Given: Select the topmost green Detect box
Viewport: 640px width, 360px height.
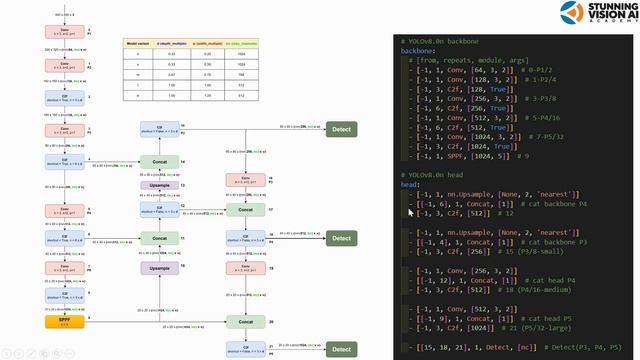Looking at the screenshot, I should pos(341,131).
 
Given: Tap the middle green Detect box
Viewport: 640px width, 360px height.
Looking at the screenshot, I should pos(341,239).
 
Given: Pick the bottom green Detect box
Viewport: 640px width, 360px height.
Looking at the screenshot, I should pos(341,349).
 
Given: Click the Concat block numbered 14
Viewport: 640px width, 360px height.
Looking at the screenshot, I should pos(160,160).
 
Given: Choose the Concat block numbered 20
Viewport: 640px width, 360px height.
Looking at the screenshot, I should pos(238,322).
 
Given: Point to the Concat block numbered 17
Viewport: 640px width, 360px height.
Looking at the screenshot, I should pos(238,209).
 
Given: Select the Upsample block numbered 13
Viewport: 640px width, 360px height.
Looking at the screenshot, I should pos(160,186).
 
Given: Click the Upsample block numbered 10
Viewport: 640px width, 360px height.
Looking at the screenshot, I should pos(160,268).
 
